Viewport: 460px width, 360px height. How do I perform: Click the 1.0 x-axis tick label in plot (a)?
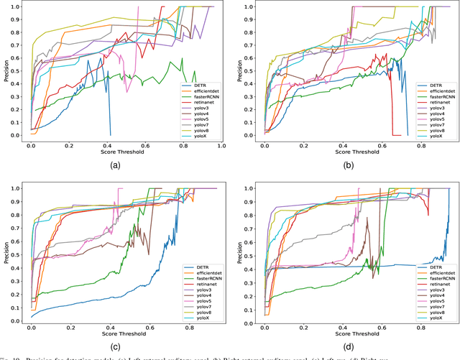click(221, 145)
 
